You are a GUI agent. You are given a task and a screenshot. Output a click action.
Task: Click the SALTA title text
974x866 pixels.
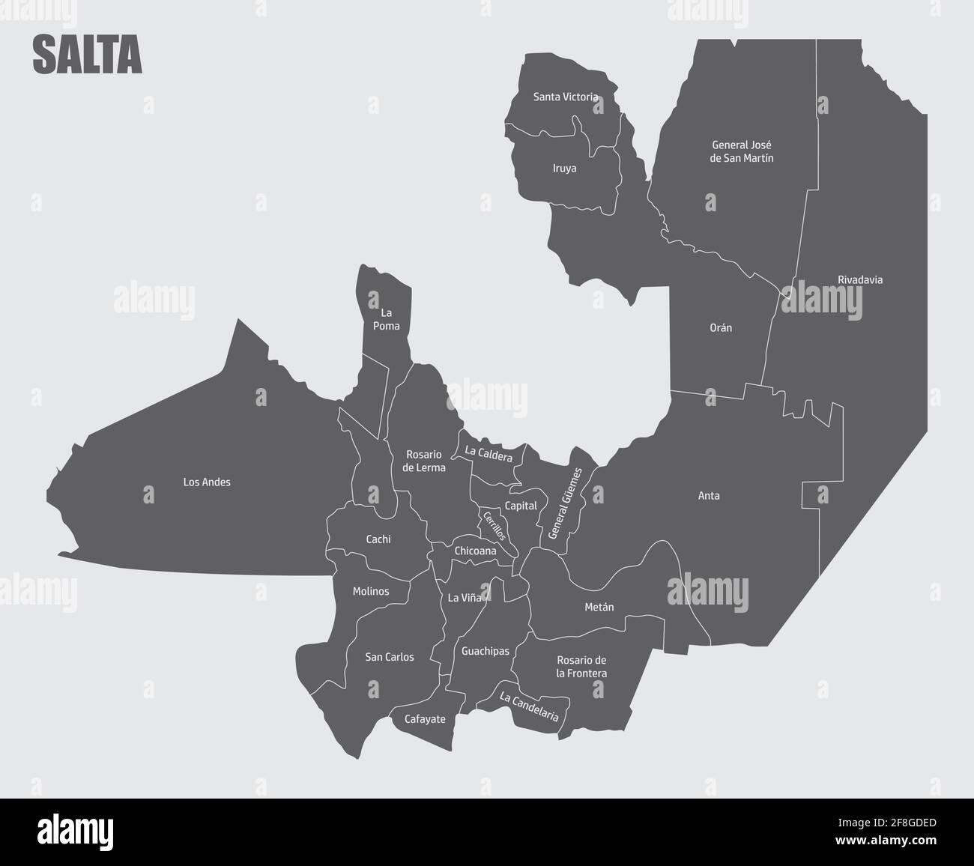(87, 56)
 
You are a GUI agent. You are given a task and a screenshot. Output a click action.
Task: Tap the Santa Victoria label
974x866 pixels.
(566, 97)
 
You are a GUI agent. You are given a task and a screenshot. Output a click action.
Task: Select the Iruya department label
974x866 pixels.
(564, 169)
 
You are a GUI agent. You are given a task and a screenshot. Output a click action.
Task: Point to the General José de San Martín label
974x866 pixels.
(742, 151)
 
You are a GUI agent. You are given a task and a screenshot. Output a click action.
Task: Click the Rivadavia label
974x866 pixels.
(860, 280)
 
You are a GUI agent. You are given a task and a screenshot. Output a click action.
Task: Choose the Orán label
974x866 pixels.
(721, 328)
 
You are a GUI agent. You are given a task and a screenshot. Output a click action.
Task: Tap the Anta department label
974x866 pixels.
(709, 496)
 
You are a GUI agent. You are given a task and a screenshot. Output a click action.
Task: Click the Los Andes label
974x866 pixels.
(207, 482)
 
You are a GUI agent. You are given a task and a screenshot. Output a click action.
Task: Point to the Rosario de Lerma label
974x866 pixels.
(424, 461)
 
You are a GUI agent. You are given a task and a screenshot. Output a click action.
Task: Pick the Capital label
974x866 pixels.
(521, 506)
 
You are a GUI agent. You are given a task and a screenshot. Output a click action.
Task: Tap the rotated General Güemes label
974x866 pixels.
(566, 503)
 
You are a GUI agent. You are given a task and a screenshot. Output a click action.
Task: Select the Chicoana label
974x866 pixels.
(475, 551)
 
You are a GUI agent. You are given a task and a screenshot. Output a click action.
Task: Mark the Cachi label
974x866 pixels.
(378, 539)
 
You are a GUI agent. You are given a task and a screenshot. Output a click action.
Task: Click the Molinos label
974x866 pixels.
(371, 592)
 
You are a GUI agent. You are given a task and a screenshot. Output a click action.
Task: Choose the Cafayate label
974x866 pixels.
(425, 719)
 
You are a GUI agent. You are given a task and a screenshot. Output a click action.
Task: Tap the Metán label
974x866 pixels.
(599, 608)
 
